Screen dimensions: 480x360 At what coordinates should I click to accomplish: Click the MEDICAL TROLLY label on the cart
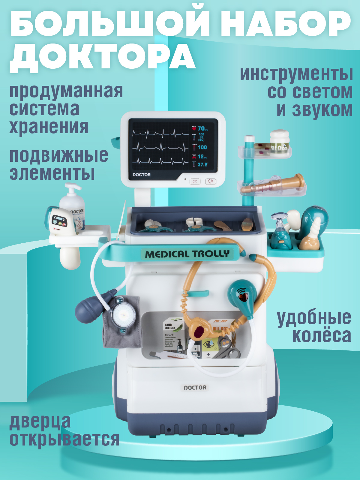click(x=187, y=254)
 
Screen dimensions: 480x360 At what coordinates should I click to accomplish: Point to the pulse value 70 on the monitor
click(x=201, y=129)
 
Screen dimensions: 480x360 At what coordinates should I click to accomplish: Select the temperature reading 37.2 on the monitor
click(x=202, y=164)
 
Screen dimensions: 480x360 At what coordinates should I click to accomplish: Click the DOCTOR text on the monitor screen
click(x=142, y=175)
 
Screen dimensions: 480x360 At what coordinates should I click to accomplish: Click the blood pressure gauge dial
click(x=124, y=315)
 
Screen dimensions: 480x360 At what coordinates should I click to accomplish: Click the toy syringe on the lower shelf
click(x=273, y=184)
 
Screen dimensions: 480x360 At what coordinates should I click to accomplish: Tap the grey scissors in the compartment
click(x=226, y=349)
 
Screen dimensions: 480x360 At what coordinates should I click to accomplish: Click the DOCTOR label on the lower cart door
click(x=195, y=388)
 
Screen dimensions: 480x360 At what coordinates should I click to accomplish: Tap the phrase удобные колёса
click(x=314, y=326)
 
